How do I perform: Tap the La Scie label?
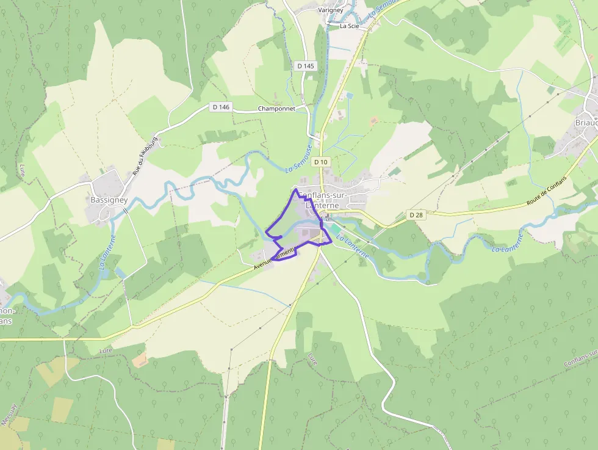pyautogui.click(x=350, y=26)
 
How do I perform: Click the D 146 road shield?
pyautogui.click(x=221, y=107)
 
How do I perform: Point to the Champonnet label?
pyautogui.click(x=276, y=109)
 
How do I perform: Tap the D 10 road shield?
pyautogui.click(x=320, y=162)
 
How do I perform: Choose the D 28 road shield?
pyautogui.click(x=416, y=215)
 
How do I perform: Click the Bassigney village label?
pyautogui.click(x=108, y=200)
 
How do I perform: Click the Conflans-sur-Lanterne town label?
pyautogui.click(x=322, y=200)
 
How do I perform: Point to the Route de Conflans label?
pyautogui.click(x=547, y=192)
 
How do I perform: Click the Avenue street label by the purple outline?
pyautogui.click(x=275, y=257)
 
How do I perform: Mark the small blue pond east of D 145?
pyautogui.click(x=348, y=95)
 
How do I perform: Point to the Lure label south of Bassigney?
pyautogui.click(x=106, y=351)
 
